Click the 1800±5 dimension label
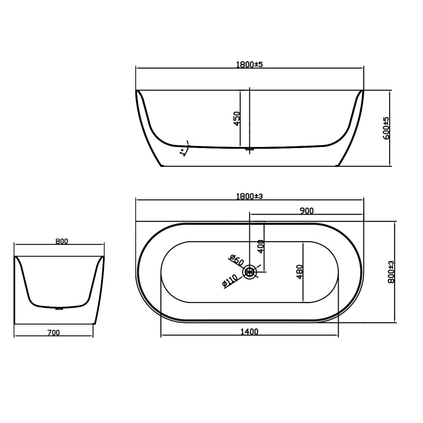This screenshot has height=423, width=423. [x=249, y=65]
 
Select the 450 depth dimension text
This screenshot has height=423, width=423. [x=237, y=119]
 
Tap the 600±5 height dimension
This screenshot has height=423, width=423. [x=386, y=128]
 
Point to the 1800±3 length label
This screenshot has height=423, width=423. [x=249, y=196]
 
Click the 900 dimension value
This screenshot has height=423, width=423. [x=307, y=211]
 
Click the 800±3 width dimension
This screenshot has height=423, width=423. [x=391, y=272]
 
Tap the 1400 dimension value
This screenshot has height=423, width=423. [x=249, y=332]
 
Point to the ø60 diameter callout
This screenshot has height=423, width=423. [x=236, y=260]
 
